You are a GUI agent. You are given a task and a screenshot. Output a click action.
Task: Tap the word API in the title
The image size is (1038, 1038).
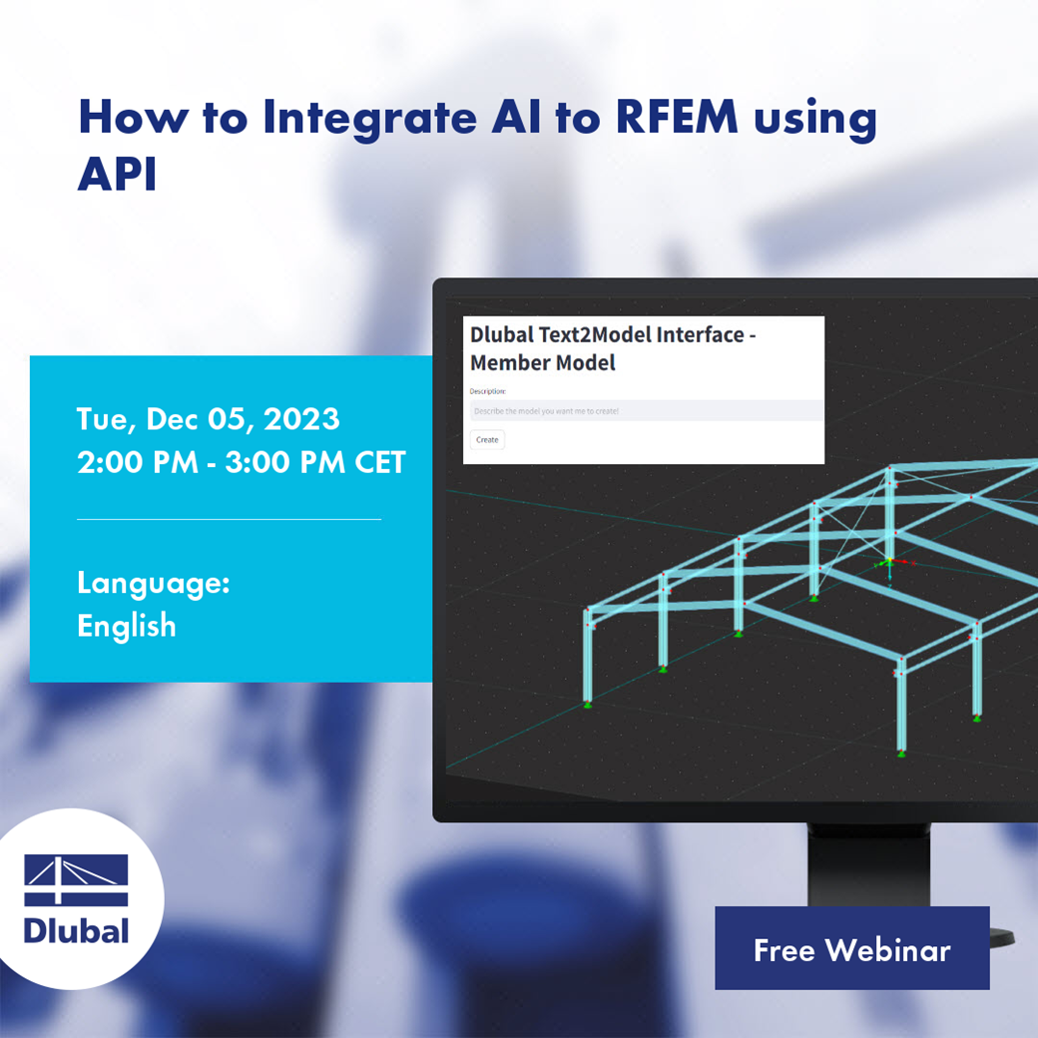pyautogui.click(x=117, y=176)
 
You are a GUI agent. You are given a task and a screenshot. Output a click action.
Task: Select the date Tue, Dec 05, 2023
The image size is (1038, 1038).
pyautogui.click(x=208, y=418)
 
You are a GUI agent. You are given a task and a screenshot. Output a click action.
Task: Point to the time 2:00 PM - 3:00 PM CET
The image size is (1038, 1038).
pyautogui.click(x=242, y=463)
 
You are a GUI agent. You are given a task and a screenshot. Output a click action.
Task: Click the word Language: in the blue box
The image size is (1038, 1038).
pyautogui.click(x=154, y=583)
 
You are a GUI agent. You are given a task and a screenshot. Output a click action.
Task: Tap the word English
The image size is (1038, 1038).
pyautogui.click(x=127, y=626)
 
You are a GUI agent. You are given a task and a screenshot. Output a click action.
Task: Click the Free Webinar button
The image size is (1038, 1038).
pyautogui.click(x=851, y=948)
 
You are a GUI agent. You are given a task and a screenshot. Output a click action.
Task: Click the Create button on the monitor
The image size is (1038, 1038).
pyautogui.click(x=487, y=439)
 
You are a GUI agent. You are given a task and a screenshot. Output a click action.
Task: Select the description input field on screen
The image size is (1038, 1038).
pyautogui.click(x=646, y=410)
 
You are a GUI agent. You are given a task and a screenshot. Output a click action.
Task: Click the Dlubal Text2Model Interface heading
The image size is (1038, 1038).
pyautogui.click(x=612, y=335)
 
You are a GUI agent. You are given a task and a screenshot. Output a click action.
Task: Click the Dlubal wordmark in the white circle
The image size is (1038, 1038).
pyautogui.click(x=76, y=931)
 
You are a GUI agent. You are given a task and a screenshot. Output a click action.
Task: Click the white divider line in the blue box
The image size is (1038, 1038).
pyautogui.click(x=229, y=519)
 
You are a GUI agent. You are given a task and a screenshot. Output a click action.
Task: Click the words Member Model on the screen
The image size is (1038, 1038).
pyautogui.click(x=542, y=363)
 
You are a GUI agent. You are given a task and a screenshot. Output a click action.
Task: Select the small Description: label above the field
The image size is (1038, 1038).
pyautogui.click(x=488, y=391)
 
